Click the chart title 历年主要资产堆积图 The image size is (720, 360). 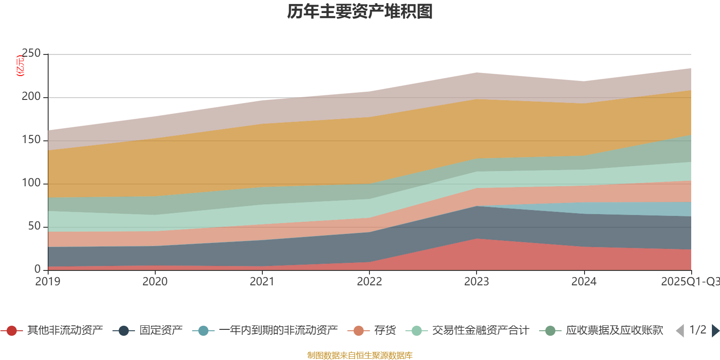click(360, 12)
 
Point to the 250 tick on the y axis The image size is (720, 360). click(31, 54)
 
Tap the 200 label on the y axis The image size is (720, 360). click(31, 97)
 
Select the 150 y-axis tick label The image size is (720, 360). click(31, 140)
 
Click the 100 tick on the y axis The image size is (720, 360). click(31, 183)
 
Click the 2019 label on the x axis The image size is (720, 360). click(48, 282)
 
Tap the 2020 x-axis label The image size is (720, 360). click(155, 282)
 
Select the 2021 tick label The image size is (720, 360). click(262, 282)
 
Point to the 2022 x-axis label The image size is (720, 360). click(369, 282)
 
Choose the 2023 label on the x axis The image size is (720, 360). click(477, 282)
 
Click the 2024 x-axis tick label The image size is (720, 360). click(584, 282)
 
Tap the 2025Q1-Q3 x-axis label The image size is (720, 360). click(689, 282)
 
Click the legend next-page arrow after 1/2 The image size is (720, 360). click(715, 331)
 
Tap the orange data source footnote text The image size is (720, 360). click(360, 355)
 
